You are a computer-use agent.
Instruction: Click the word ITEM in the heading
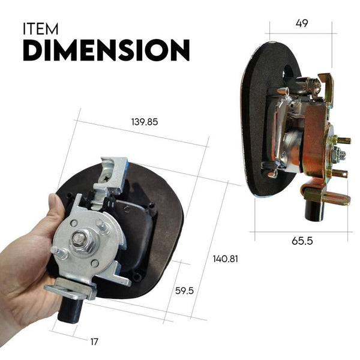(41, 29)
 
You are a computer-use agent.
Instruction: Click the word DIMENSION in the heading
(106, 50)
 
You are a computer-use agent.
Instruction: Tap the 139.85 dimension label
(144, 122)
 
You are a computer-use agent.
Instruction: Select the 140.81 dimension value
(226, 259)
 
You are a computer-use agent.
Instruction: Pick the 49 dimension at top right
(301, 23)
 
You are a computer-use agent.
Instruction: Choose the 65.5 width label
(302, 242)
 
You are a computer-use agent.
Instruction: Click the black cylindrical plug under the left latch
(71, 308)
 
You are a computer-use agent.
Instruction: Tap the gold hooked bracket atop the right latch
(326, 84)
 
